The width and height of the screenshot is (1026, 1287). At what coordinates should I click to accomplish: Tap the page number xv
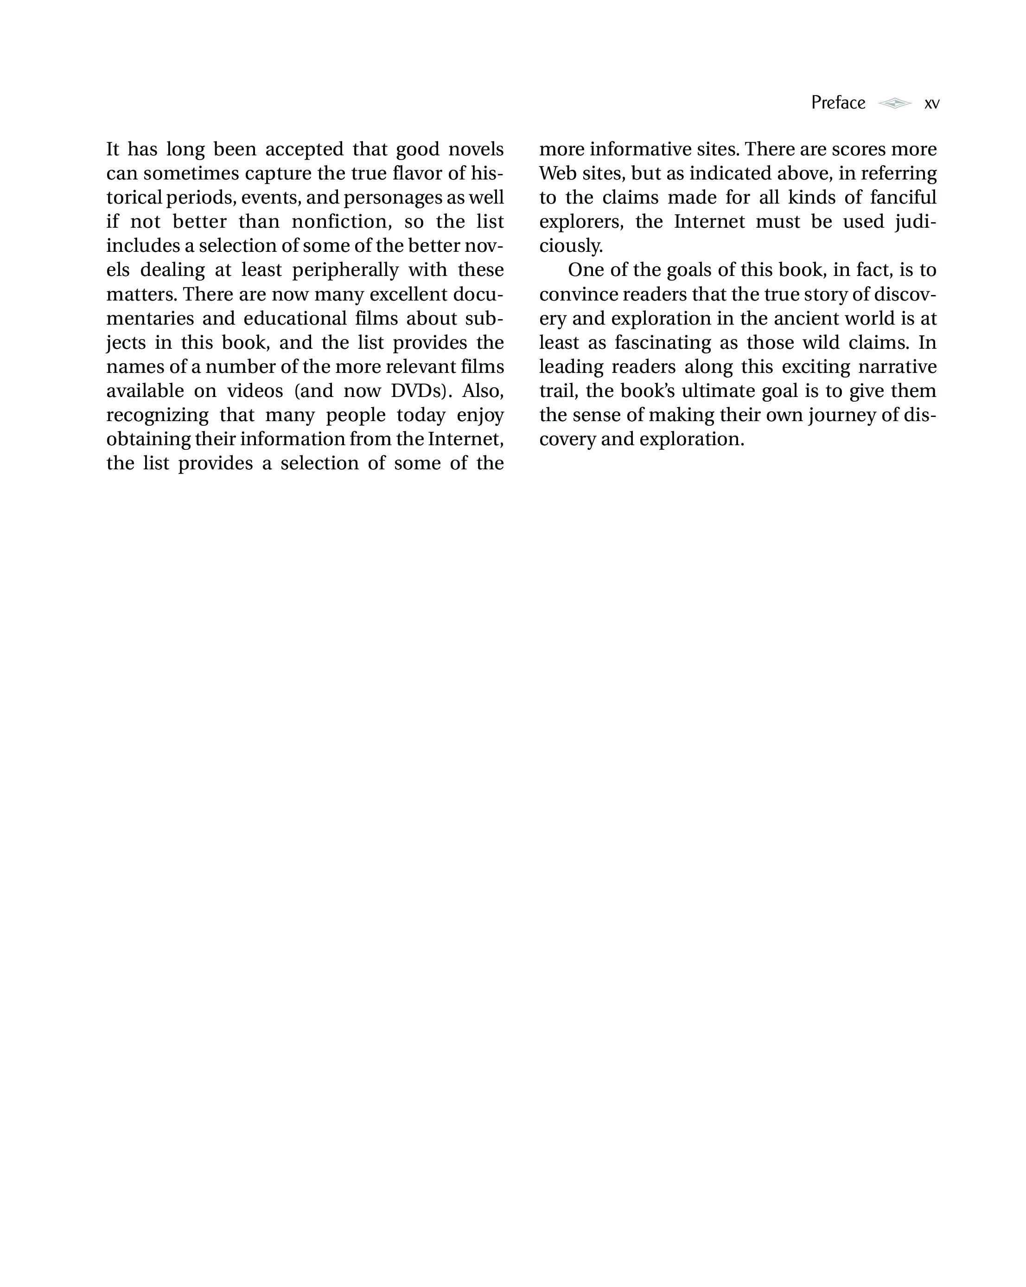click(931, 104)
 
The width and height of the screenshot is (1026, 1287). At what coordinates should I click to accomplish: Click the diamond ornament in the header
click(894, 103)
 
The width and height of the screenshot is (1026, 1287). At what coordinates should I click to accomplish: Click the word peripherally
click(345, 270)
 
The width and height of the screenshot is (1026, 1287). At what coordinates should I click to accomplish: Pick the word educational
click(295, 318)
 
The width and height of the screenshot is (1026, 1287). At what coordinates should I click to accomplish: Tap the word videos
click(255, 391)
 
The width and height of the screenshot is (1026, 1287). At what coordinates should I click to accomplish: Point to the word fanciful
click(903, 197)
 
